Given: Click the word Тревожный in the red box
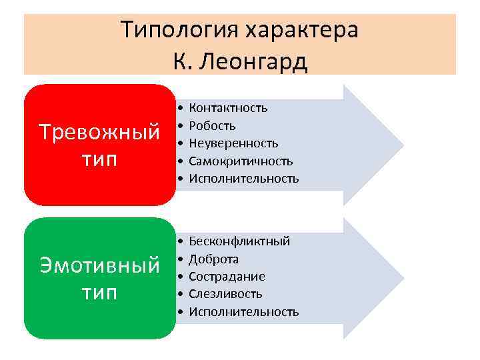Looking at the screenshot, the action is tap(99, 131).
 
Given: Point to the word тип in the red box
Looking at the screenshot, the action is tap(99, 160).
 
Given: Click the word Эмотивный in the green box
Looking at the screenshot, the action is tap(99, 265).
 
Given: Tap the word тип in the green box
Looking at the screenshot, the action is tap(99, 293).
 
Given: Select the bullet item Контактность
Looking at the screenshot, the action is tap(228, 108).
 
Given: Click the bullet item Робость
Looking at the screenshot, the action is tap(212, 125).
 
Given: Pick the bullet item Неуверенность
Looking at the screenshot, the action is tap(233, 143).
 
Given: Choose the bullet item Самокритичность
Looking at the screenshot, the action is tap(241, 161).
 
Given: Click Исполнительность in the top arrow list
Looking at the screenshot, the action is tap(243, 179).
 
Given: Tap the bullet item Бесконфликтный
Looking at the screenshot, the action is tap(239, 241).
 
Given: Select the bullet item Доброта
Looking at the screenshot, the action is tap(214, 259).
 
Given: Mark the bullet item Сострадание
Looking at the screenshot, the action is tap(227, 277).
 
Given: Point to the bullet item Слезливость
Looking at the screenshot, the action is tap(225, 294).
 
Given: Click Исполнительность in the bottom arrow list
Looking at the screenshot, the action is tap(243, 312).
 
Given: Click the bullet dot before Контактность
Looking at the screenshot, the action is tap(181, 108).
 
